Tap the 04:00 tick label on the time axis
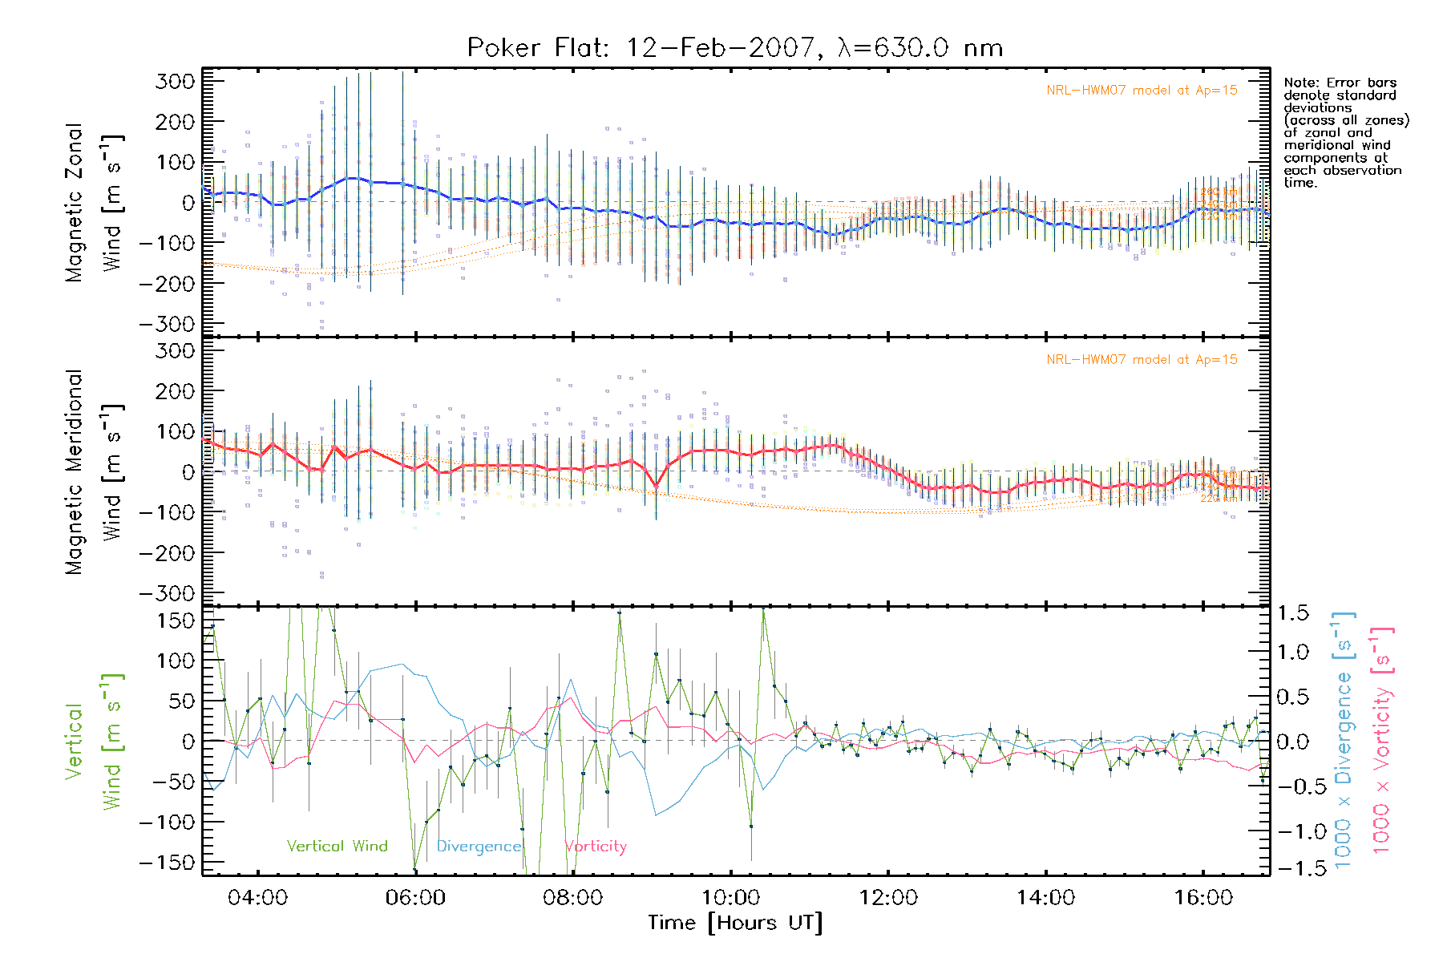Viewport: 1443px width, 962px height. pyautogui.click(x=257, y=898)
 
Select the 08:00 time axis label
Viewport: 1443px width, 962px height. pyautogui.click(x=572, y=898)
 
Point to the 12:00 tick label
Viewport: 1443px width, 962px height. pyautogui.click(x=887, y=898)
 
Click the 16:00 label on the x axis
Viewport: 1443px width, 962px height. pyautogui.click(x=1202, y=898)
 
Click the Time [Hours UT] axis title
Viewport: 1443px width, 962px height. pyautogui.click(x=734, y=923)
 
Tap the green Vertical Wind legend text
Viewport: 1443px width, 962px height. pyautogui.click(x=337, y=847)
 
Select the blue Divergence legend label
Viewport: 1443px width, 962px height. pyautogui.click(x=479, y=847)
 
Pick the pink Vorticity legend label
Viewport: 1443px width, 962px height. pyautogui.click(x=595, y=847)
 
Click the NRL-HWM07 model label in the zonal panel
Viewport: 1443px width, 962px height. pyautogui.click(x=1142, y=91)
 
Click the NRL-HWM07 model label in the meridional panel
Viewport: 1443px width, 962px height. pyautogui.click(x=1142, y=360)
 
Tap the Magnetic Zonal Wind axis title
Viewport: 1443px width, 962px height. pyautogui.click(x=95, y=202)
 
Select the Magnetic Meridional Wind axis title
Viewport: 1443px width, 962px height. pyautogui.click(x=95, y=471)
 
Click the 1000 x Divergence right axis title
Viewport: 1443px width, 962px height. pyautogui.click(x=1344, y=740)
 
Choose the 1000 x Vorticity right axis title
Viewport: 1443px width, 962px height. pyautogui.click(x=1382, y=740)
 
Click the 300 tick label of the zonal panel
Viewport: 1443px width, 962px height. pyautogui.click(x=175, y=81)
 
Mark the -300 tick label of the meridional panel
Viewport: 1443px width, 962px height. pyautogui.click(x=168, y=593)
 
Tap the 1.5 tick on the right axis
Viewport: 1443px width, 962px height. pyautogui.click(x=1293, y=613)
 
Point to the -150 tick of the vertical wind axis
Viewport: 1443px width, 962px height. pyautogui.click(x=168, y=863)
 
